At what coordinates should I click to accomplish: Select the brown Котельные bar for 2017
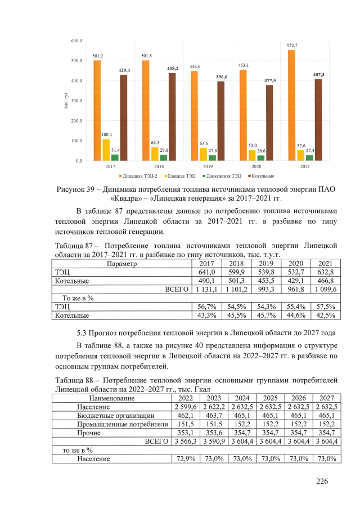point(124,118)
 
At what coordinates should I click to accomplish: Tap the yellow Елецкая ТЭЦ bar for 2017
point(106,150)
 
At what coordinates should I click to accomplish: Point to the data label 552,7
point(292,45)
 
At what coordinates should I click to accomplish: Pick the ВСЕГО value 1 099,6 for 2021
point(325,289)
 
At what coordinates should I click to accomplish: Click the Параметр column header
point(122,263)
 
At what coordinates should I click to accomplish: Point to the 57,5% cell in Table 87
point(325,307)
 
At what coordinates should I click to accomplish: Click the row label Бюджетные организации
point(111,416)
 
